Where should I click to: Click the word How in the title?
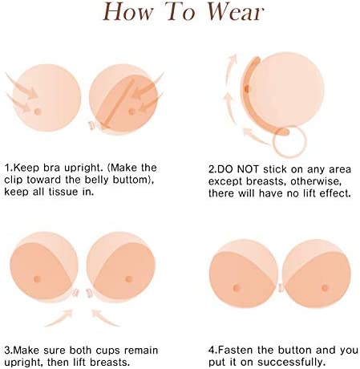[x=128, y=12]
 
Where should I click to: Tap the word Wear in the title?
[x=236, y=12]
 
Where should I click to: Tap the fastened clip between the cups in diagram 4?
[x=281, y=288]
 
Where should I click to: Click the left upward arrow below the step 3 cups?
[x=59, y=318]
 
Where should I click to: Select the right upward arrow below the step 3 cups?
[x=105, y=318]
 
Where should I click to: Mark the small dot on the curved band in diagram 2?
[x=246, y=88]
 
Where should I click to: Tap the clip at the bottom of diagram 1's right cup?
[x=92, y=125]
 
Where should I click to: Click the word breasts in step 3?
[x=110, y=363]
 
